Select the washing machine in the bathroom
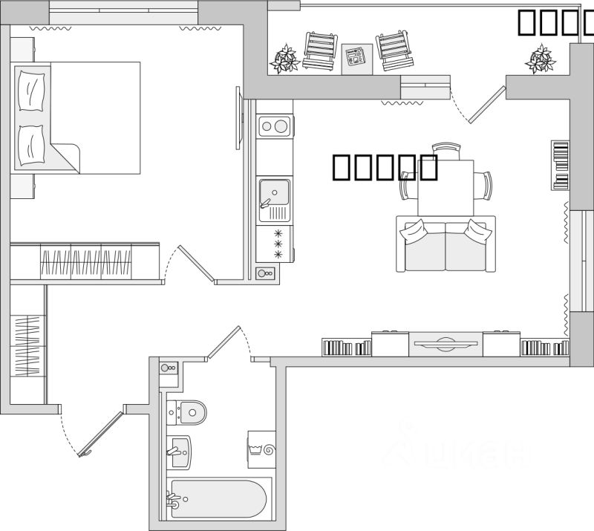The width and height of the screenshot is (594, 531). [x=261, y=449]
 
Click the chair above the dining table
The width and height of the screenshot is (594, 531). [x=446, y=151]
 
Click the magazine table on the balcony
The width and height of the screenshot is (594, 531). [x=356, y=56]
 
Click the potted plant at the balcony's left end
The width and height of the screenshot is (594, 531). [x=284, y=58]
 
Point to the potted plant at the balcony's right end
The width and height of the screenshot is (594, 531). [x=540, y=58]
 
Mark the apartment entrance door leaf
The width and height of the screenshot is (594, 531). [x=100, y=433]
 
